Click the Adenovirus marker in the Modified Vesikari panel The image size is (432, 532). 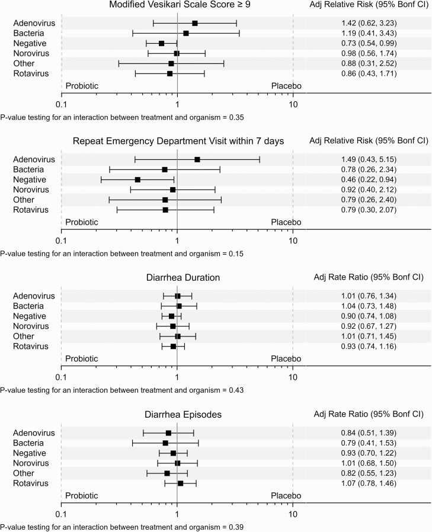[x=195, y=23]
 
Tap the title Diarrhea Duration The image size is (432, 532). [x=177, y=277]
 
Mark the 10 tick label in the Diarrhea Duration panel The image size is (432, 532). [x=293, y=377]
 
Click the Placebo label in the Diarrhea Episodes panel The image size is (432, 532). [x=286, y=495]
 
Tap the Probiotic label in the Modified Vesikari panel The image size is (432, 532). [x=82, y=86]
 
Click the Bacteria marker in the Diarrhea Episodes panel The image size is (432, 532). [x=165, y=443]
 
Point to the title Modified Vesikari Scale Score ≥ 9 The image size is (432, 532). [x=177, y=5]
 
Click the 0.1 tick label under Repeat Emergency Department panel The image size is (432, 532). [x=60, y=241]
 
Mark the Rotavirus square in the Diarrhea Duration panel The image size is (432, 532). [x=173, y=347]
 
